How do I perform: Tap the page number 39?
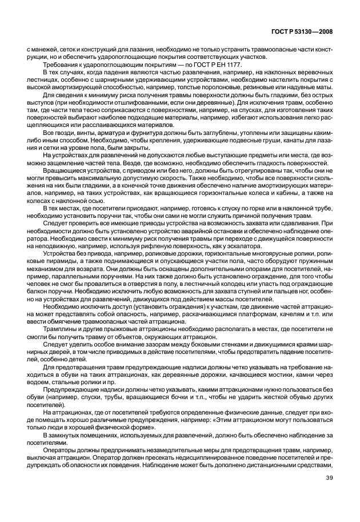pos(329,494)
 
